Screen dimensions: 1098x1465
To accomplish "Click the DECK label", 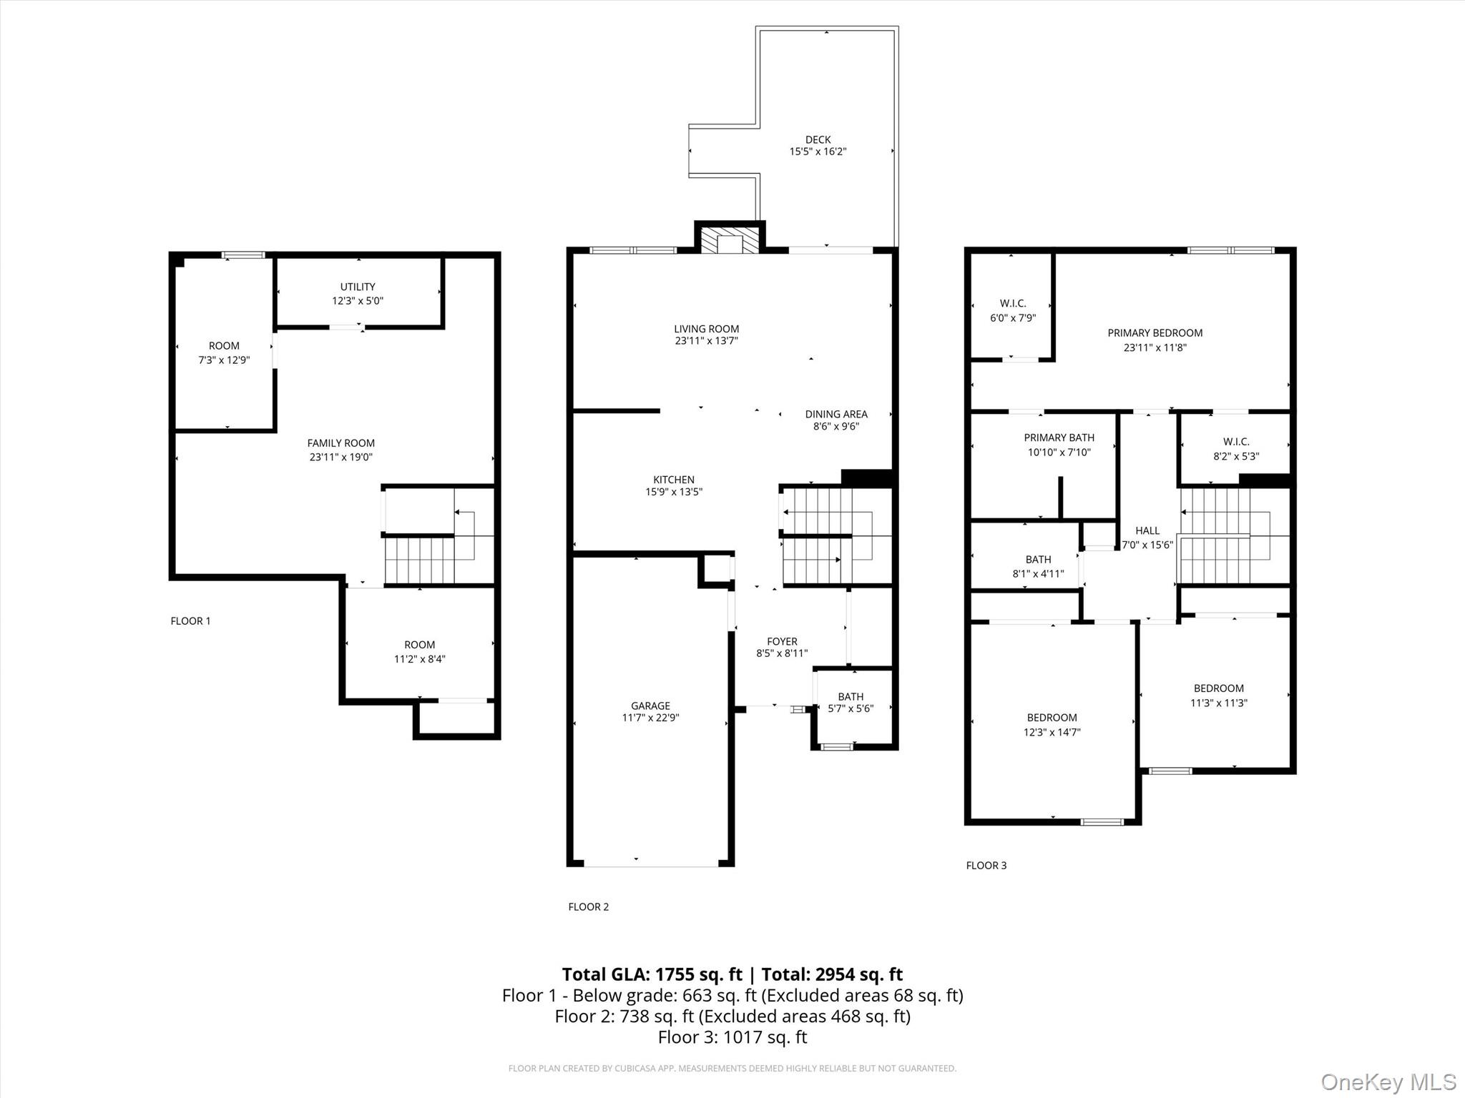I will (x=818, y=139).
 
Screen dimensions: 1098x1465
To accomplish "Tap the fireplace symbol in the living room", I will (x=730, y=241).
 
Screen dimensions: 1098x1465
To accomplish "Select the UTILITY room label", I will (x=358, y=287).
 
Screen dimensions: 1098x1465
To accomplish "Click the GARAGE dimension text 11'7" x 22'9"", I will (x=650, y=718).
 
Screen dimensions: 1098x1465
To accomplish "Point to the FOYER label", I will (x=782, y=641).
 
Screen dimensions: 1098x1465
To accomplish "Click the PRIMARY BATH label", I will (x=1059, y=437).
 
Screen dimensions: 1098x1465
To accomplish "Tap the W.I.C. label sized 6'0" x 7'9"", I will (x=1012, y=303).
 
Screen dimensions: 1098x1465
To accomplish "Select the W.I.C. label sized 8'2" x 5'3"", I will (x=1235, y=442).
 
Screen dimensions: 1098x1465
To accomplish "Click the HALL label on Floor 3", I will (x=1147, y=530).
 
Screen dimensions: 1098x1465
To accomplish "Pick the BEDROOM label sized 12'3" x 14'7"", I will (x=1052, y=718).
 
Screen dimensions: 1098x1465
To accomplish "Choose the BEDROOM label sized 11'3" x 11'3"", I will (x=1218, y=688).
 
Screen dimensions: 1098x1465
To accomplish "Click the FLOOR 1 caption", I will (x=190, y=620).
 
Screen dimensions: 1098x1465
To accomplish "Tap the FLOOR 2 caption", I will (x=588, y=906).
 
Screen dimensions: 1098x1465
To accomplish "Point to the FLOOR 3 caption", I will (x=986, y=865).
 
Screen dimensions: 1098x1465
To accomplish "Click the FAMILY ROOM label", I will (x=340, y=443).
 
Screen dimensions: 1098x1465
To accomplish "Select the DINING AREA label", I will (x=836, y=414).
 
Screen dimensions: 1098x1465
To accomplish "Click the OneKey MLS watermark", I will (x=1388, y=1082).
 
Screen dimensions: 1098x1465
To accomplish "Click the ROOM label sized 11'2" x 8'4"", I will (x=419, y=645).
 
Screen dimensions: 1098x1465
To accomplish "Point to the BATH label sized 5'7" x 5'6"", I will (x=851, y=696).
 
